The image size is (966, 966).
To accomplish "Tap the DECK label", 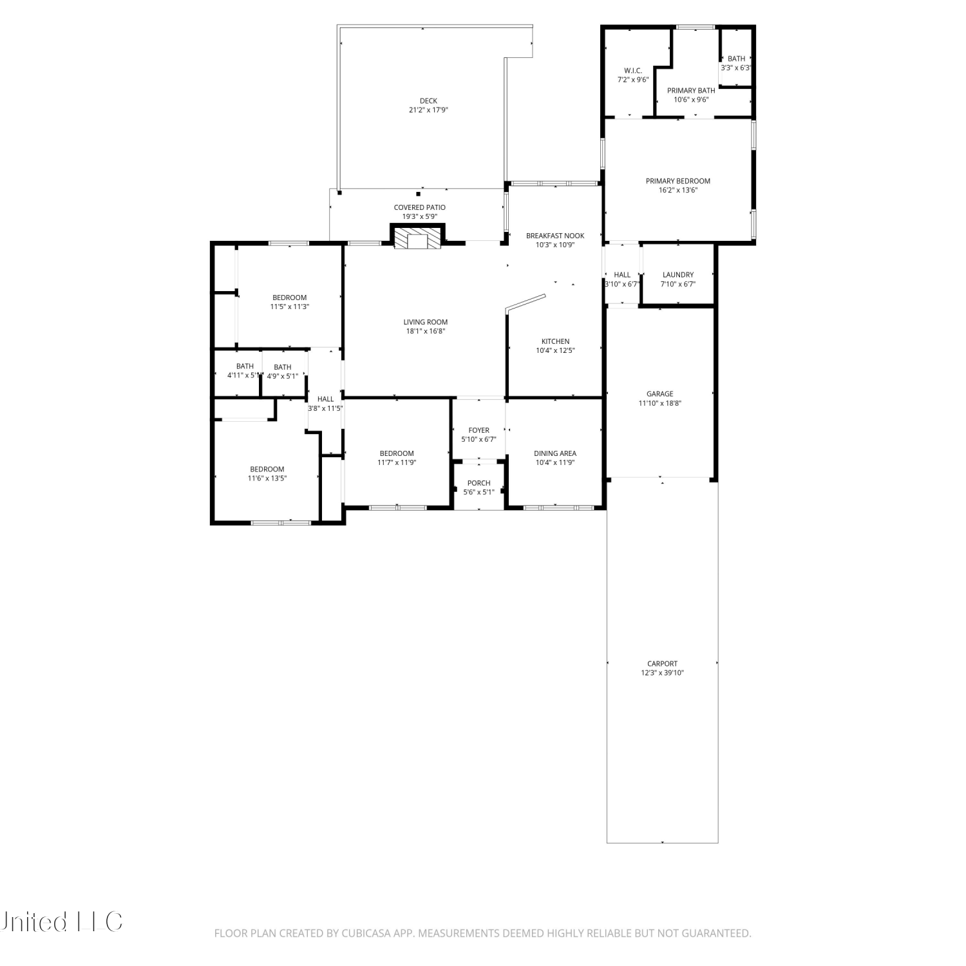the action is click(x=428, y=100).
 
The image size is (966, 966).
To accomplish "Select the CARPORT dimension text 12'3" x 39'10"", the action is click(x=662, y=673).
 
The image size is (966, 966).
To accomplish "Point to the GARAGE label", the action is click(x=660, y=394).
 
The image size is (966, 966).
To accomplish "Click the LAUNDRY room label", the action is click(x=678, y=275).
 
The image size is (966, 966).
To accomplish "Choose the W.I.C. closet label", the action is click(x=633, y=71).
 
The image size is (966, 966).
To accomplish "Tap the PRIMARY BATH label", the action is click(x=691, y=91).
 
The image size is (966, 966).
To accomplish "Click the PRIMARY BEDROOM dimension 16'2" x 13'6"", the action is click(x=678, y=191).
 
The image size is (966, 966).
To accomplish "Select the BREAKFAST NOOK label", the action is click(x=555, y=236).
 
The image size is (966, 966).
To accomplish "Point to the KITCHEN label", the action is click(x=555, y=341).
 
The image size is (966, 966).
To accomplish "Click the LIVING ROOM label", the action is click(x=426, y=322).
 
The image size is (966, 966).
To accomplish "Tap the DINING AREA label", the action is click(x=555, y=453).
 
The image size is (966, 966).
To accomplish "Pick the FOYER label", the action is click(x=479, y=430).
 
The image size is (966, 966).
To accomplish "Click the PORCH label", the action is click(x=479, y=483).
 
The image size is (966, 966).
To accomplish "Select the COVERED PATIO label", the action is click(x=420, y=207).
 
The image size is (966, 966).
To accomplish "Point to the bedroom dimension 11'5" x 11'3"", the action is click(x=290, y=307).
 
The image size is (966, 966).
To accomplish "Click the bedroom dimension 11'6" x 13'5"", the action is click(x=267, y=478).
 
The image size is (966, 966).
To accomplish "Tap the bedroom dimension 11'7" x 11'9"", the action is click(x=397, y=462).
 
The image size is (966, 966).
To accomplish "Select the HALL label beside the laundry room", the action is click(x=622, y=275).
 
